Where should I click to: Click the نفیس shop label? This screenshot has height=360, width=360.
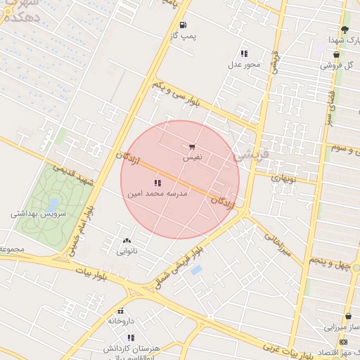tap(192, 157)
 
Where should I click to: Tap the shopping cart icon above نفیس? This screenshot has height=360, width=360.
tap(192, 147)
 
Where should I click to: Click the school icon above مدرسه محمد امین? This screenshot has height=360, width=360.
tap(157, 182)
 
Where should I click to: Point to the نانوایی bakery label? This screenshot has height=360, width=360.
tap(127, 250)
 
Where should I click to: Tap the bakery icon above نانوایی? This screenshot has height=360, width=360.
tap(127, 240)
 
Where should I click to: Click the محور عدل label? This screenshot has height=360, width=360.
tap(243, 65)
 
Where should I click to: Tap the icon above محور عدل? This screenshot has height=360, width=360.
tap(244, 53)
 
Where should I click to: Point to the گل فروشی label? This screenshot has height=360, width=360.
tap(335, 65)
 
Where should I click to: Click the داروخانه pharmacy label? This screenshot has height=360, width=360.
tap(120, 320)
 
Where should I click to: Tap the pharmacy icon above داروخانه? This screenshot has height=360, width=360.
tap(120, 310)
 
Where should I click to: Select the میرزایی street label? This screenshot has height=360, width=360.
tap(278, 244)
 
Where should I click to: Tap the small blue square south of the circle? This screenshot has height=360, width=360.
tap(196, 269)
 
